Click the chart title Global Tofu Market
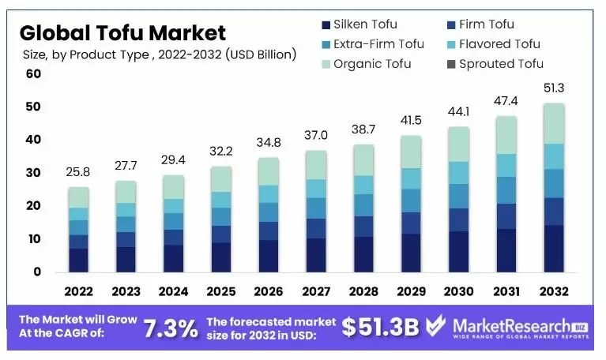(x=122, y=32)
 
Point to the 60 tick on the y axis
(x=32, y=74)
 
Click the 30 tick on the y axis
(x=32, y=173)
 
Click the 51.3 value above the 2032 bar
(x=554, y=88)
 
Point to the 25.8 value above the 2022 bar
(x=78, y=171)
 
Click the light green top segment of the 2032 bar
(x=554, y=123)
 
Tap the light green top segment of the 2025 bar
(x=221, y=179)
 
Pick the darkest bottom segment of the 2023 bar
(x=126, y=259)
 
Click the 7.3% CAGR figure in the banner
(x=171, y=328)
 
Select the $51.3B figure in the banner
(x=380, y=328)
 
